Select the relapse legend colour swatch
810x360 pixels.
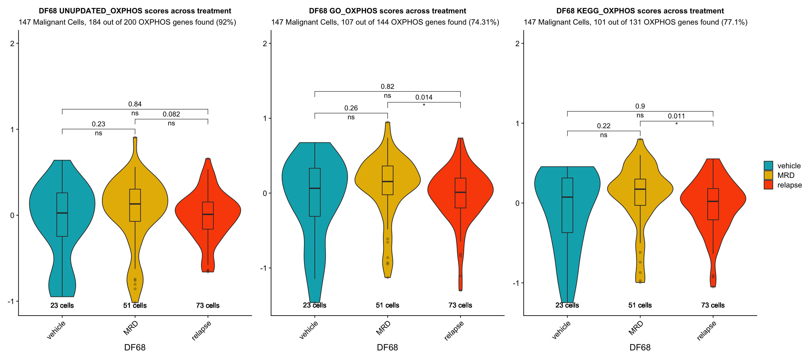tap(768, 185)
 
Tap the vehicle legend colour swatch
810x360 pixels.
tap(768, 166)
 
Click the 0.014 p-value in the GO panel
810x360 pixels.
tap(424, 97)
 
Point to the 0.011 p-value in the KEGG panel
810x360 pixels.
tap(676, 116)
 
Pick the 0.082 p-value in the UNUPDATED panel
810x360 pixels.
tap(171, 114)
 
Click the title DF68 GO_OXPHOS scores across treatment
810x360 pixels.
tap(387, 11)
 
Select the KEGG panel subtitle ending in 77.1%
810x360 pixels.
tap(635, 22)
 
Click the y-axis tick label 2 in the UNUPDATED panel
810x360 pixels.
tap(12, 43)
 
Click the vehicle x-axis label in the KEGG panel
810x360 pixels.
tap(561, 330)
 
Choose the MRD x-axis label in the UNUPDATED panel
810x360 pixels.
tap(131, 328)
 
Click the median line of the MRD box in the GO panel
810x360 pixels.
tap(387, 181)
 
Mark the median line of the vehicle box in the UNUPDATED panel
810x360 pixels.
tap(62, 213)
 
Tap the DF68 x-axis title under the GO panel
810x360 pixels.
tap(387, 347)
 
